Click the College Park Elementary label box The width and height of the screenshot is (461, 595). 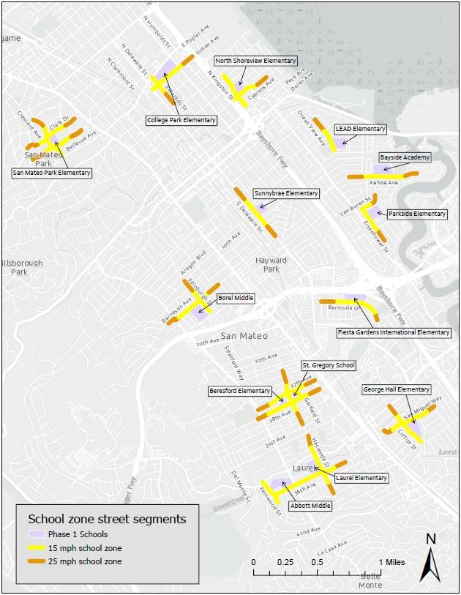click(x=181, y=120)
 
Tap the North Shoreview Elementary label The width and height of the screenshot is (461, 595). click(x=255, y=61)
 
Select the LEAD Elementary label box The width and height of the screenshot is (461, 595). click(x=359, y=129)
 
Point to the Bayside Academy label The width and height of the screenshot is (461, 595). click(x=405, y=157)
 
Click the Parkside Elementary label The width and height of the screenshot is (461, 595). click(x=416, y=214)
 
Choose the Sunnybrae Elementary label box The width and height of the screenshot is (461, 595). click(x=286, y=193)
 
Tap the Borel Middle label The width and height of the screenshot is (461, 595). click(x=235, y=299)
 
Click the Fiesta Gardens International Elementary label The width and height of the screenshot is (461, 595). click(x=394, y=332)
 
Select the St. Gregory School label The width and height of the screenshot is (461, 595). click(x=329, y=364)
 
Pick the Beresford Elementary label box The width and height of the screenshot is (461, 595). click(x=239, y=391)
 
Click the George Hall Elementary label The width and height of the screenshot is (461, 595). click(x=396, y=389)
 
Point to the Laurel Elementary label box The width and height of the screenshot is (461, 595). click(x=361, y=478)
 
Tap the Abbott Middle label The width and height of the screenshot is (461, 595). click(x=312, y=506)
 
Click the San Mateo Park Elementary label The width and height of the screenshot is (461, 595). click(x=52, y=173)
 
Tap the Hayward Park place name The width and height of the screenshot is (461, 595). click(x=271, y=264)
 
